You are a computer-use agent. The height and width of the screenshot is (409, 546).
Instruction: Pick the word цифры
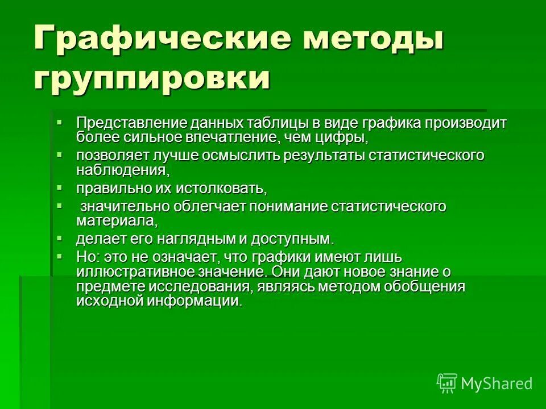pos(345,136)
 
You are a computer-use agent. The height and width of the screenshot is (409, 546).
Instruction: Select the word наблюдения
pos(122,169)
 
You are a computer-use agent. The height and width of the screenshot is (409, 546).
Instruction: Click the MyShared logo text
pos(496,383)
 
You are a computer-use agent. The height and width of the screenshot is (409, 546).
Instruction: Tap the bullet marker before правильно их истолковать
pos(60,186)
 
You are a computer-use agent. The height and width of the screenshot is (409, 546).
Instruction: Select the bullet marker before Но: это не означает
pos(60,256)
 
